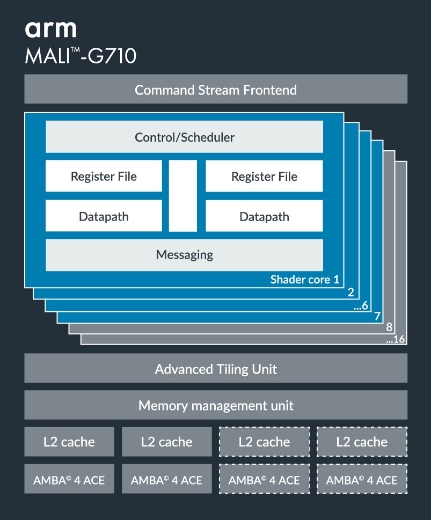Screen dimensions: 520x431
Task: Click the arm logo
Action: pyautogui.click(x=50, y=29)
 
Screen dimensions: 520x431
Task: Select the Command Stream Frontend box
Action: pyautogui.click(x=215, y=89)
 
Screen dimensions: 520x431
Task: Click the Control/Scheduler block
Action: pyautogui.click(x=184, y=137)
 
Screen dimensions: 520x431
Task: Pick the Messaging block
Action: pyautogui.click(x=184, y=254)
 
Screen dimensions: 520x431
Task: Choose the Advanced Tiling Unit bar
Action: pyautogui.click(x=215, y=369)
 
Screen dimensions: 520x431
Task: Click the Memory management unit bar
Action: pyautogui.click(x=215, y=405)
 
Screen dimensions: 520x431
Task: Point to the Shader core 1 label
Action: pyautogui.click(x=304, y=279)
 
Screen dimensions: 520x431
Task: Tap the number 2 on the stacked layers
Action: pyautogui.click(x=350, y=292)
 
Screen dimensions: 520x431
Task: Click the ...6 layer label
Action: pyautogui.click(x=361, y=306)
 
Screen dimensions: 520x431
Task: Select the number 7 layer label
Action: pyautogui.click(x=377, y=317)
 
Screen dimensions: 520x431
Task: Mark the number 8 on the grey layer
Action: pyautogui.click(x=389, y=328)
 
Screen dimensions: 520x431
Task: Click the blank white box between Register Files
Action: pyautogui.click(x=182, y=195)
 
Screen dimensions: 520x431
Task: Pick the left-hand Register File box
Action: pyautogui.click(x=104, y=176)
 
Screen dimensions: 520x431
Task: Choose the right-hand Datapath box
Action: pyautogui.click(x=264, y=216)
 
